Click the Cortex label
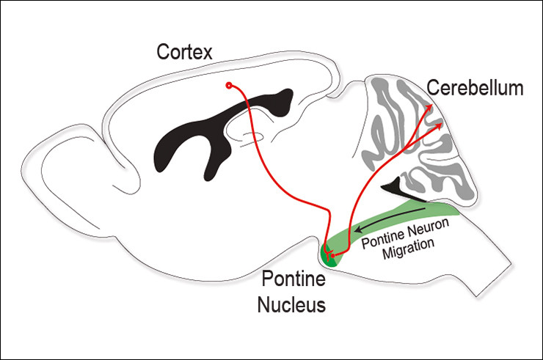(x=184, y=52)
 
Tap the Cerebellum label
(x=475, y=89)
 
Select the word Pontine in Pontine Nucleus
(x=290, y=281)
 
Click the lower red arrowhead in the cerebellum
(x=440, y=126)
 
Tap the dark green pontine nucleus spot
(x=327, y=256)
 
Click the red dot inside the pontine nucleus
(x=332, y=255)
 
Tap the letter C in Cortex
(x=163, y=52)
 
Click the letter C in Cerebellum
(x=434, y=89)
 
